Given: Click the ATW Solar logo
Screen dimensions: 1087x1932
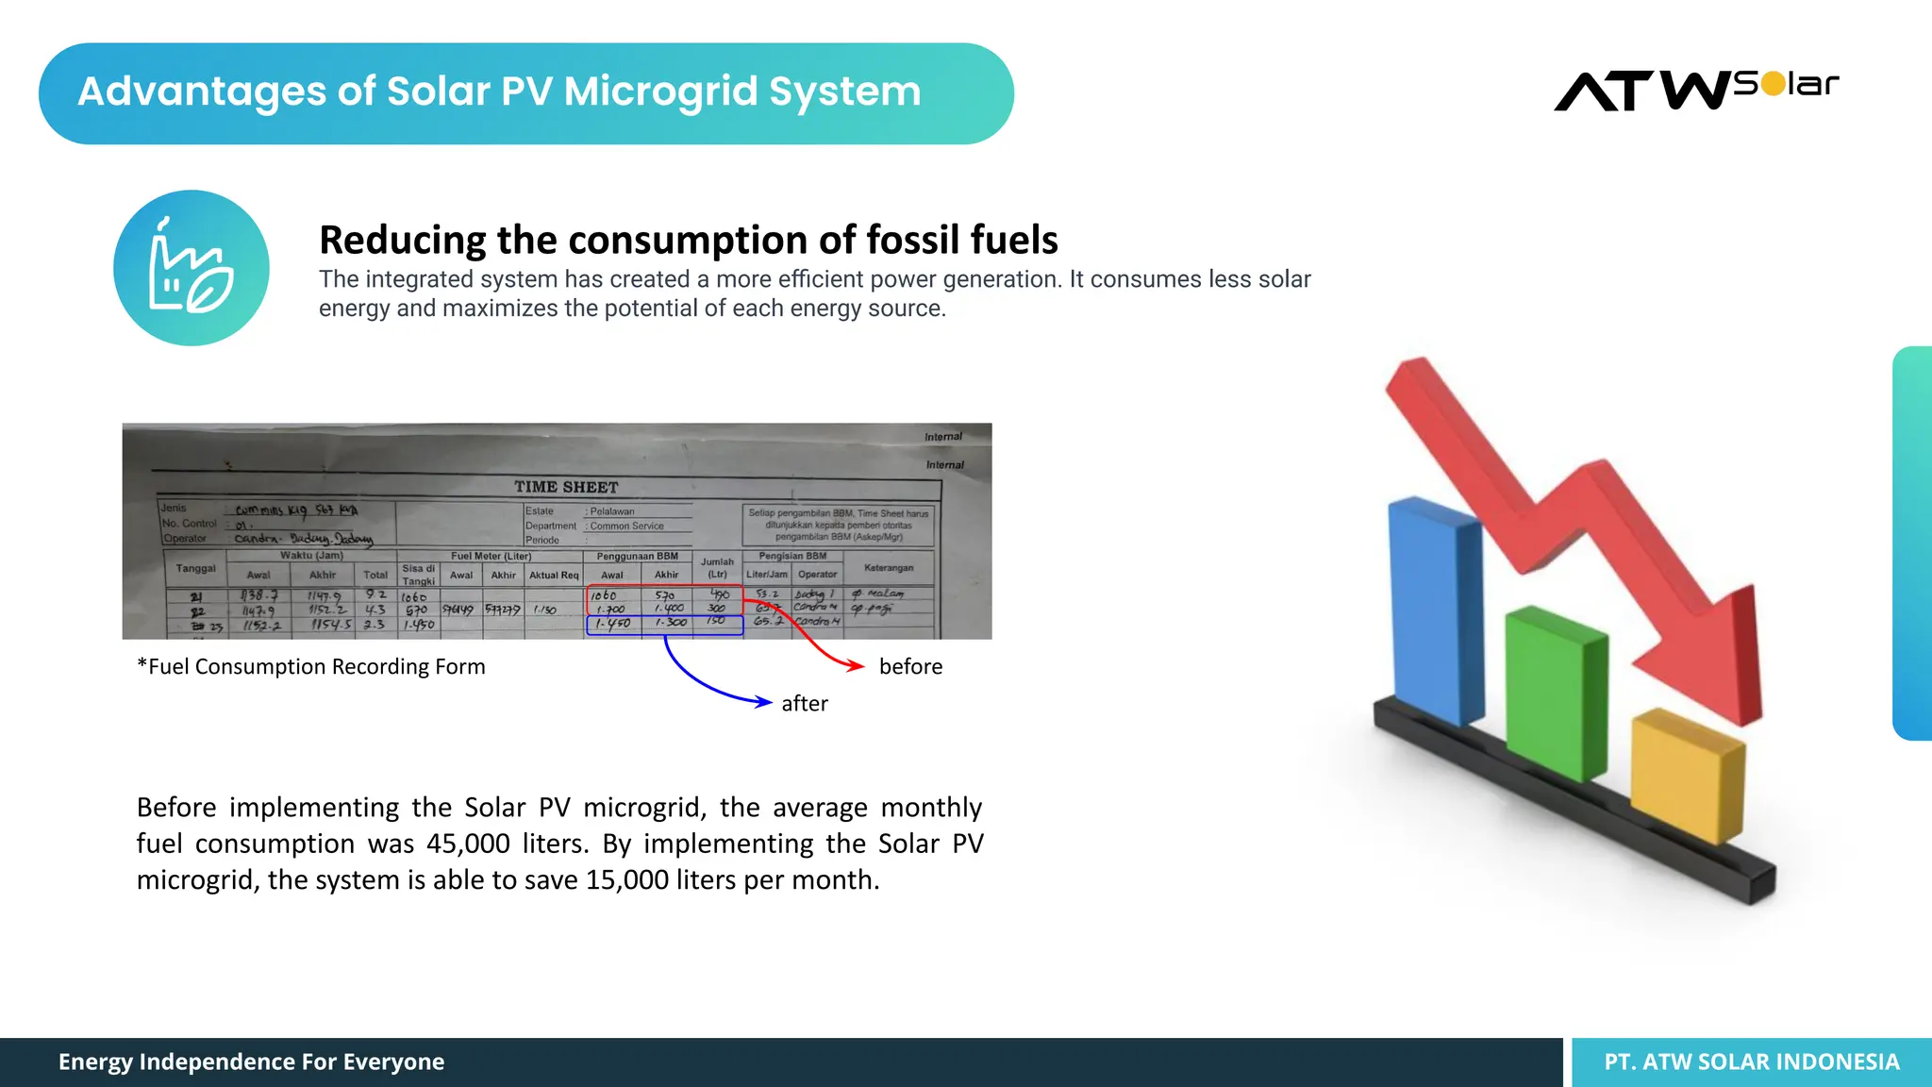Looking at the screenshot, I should point(1695,91).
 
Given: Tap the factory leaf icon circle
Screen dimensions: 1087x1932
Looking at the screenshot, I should point(192,268).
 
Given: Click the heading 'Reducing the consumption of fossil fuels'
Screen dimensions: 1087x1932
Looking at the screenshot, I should point(689,240).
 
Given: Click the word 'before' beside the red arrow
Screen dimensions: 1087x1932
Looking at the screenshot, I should point(910,666).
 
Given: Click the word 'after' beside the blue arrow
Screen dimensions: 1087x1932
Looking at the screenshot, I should point(805,703).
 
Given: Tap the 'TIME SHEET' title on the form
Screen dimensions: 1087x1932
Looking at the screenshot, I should point(566,487).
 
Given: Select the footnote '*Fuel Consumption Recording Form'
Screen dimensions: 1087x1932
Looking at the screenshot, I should point(311,666).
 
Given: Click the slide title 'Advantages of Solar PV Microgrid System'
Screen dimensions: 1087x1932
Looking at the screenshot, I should point(499,92).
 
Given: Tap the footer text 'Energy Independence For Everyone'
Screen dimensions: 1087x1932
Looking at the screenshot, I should point(251,1062).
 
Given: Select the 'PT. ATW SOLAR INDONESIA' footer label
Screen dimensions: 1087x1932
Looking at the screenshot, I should point(1752,1062).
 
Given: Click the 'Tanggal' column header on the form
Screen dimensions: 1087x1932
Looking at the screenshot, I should point(195,568).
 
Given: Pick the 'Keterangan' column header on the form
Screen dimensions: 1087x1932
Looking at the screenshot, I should point(889,567).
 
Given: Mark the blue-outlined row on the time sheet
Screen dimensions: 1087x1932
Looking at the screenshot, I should point(665,624).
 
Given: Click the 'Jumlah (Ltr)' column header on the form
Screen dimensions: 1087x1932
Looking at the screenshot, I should point(717,567).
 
